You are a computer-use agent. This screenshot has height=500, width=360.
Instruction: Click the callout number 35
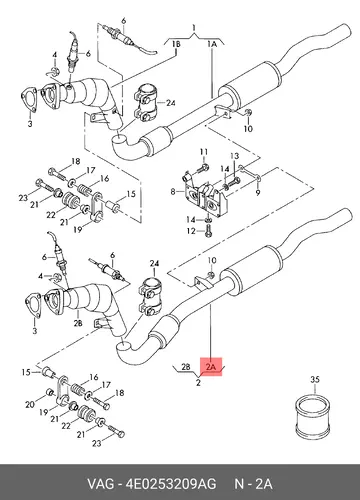coord(315,379)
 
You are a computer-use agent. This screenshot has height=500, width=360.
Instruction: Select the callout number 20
coord(30,404)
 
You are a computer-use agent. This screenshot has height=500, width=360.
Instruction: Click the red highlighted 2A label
coord(211,367)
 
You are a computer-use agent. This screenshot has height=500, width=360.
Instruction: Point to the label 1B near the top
coord(176,44)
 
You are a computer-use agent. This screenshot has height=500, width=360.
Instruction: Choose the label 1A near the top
coord(212,44)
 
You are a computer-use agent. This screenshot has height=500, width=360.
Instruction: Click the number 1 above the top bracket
coord(194,28)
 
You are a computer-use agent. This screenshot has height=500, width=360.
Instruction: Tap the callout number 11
coord(204,152)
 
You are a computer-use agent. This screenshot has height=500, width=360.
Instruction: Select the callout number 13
coord(235,156)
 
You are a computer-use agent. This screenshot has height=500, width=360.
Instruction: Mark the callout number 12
coord(191,231)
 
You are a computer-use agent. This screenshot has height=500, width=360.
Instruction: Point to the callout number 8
coord(173,192)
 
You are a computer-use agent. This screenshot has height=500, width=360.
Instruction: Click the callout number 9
coord(258,192)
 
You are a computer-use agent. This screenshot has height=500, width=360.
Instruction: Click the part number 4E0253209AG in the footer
coord(171,484)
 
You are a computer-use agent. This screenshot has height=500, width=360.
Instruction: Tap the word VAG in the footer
coord(100,484)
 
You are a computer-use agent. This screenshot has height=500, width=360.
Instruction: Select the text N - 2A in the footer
coord(253,484)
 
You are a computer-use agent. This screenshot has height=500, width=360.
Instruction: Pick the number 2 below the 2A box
coord(198,382)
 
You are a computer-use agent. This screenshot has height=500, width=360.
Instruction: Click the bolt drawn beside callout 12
coord(209,231)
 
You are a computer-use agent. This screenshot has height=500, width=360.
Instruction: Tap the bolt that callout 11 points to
coord(201,169)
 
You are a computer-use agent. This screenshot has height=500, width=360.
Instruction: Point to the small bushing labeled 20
coord(50,391)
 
